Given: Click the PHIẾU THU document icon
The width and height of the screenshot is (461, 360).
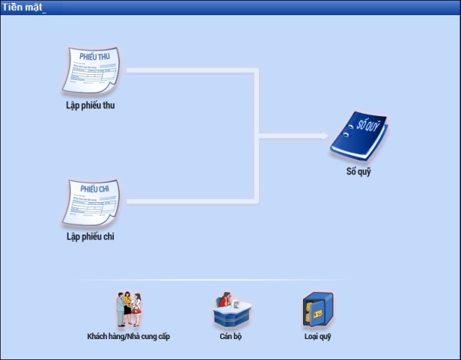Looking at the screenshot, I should click(x=91, y=71).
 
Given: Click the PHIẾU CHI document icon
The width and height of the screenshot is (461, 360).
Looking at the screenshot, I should click(x=91, y=202).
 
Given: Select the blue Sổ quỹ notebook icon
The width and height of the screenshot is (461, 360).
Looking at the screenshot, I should click(x=359, y=136).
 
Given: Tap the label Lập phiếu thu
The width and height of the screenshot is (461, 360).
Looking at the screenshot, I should click(x=91, y=105).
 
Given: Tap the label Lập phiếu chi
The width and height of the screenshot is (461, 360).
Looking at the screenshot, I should click(x=91, y=237).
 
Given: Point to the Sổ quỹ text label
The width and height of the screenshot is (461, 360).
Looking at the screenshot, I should click(x=359, y=172).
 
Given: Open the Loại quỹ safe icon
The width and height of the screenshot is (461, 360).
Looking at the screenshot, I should click(x=317, y=310).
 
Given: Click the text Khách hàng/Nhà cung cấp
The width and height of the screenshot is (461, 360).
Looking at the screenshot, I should click(x=128, y=337).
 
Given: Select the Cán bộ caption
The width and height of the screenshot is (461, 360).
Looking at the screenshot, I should click(x=230, y=337).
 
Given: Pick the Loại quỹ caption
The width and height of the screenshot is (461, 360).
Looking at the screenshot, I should click(x=317, y=337).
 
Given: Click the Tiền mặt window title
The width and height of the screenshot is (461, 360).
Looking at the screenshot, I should click(x=22, y=7).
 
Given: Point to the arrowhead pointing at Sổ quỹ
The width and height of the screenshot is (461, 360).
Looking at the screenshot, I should click(x=324, y=135).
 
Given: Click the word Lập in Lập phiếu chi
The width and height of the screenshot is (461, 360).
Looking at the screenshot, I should click(x=73, y=237).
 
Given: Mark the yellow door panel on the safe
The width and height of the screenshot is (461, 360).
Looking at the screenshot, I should click(x=314, y=312).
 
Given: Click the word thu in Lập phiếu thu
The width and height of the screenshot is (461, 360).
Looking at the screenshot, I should click(x=108, y=105).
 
